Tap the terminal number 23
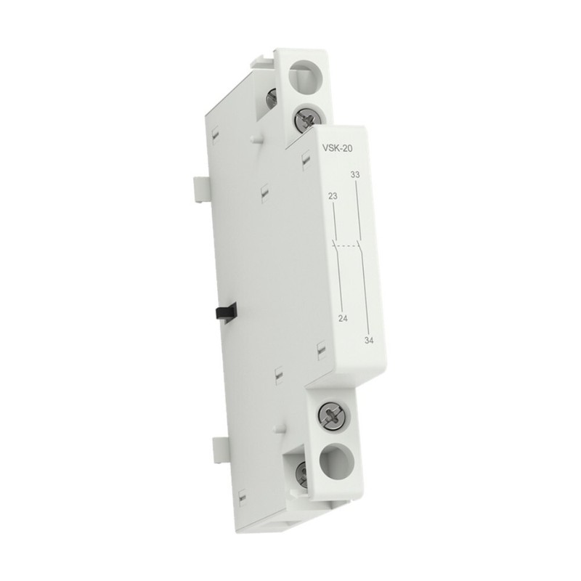pyautogui.click(x=333, y=195)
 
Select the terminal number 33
pyautogui.click(x=355, y=175)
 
